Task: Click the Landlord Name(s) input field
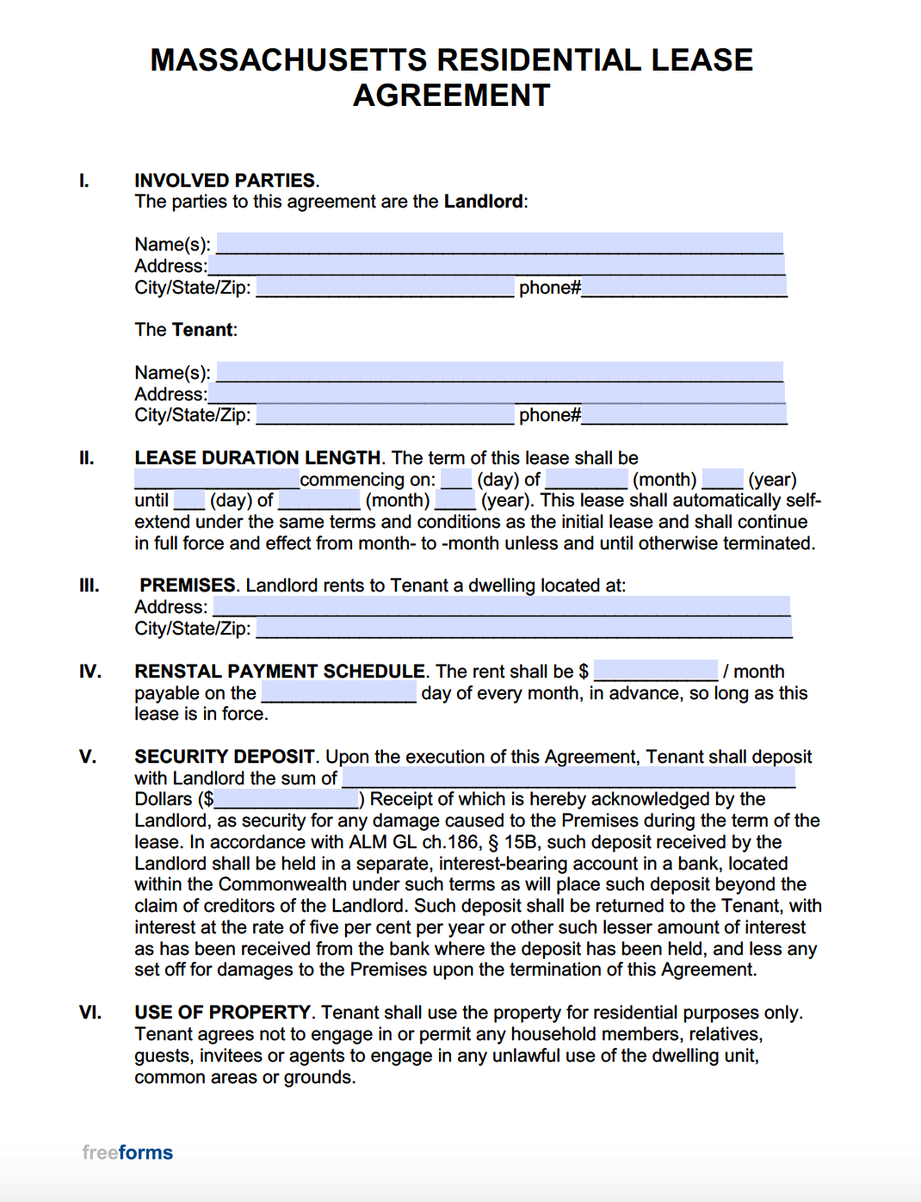tap(499, 244)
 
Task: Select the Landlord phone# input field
tap(684, 287)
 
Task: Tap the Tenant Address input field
tap(496, 393)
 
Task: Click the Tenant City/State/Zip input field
tap(385, 415)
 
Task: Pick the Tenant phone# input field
tap(684, 415)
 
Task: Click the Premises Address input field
tap(501, 606)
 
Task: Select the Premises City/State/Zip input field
tap(523, 628)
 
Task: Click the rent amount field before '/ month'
tap(655, 671)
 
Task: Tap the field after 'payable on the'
tap(339, 692)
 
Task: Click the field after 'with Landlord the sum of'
tap(568, 778)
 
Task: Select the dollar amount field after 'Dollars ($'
tap(286, 799)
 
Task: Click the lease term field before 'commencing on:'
tap(216, 479)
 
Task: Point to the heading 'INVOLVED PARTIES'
tap(225, 180)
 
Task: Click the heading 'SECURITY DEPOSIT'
tap(225, 756)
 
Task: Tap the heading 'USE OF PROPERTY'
tap(222, 1012)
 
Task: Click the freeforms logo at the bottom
tap(127, 1152)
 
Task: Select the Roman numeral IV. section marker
tap(90, 671)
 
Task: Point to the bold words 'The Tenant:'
tap(186, 330)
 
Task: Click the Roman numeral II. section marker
tap(87, 458)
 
